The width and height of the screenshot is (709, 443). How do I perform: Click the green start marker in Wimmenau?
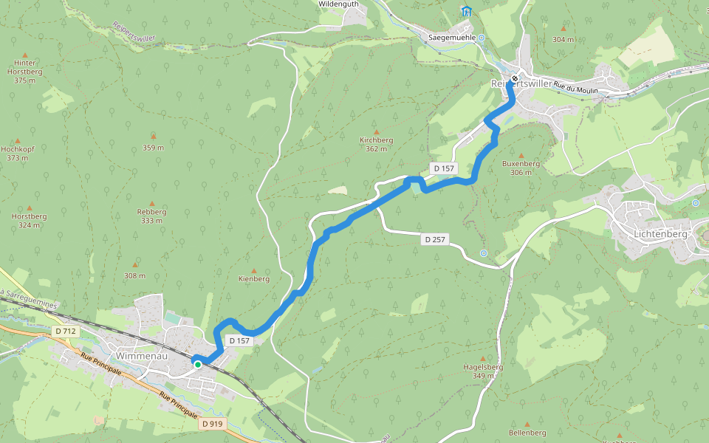click(x=198, y=364)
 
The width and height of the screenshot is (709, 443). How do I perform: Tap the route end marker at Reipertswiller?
click(x=515, y=78)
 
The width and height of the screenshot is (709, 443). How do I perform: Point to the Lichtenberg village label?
click(x=660, y=234)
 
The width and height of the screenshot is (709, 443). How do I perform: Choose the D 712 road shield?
click(x=66, y=332)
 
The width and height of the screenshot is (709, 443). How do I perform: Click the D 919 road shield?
click(x=212, y=424)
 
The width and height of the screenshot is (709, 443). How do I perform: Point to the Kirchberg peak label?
click(x=376, y=140)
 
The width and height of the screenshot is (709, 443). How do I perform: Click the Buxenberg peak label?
click(x=521, y=164)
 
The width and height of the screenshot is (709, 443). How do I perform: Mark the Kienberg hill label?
click(x=254, y=279)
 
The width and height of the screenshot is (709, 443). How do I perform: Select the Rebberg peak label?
click(x=151, y=212)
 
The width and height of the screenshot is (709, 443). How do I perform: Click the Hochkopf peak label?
click(x=18, y=148)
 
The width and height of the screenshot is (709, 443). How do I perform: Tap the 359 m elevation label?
click(x=154, y=148)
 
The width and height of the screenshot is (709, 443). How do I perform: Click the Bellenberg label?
click(x=527, y=433)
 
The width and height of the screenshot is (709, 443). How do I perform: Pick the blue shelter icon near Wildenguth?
click(x=466, y=11)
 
